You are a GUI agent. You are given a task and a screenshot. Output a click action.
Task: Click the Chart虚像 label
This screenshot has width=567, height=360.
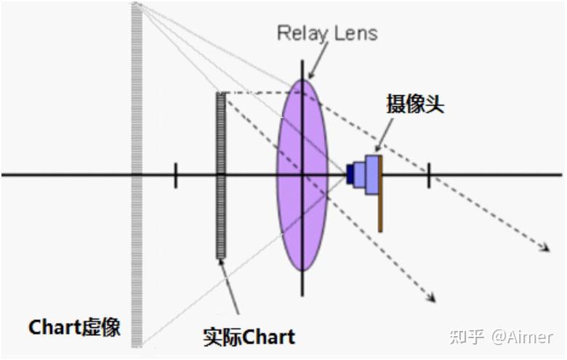point(75,328)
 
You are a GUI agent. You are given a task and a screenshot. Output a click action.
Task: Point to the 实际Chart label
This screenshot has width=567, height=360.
point(249,337)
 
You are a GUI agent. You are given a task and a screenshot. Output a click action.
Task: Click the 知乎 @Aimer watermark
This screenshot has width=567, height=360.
point(501,337)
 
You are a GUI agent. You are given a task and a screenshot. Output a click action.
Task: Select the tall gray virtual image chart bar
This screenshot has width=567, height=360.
point(137,175)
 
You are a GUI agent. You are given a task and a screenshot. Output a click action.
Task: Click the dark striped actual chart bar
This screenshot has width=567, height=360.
point(221,175)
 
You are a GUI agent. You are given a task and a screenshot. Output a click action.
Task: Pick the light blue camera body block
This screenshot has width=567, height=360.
point(371,175)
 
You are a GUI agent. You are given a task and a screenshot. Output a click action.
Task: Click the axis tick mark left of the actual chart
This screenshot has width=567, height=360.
point(175,175)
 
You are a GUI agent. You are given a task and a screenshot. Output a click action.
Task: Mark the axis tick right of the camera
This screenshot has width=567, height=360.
point(428,175)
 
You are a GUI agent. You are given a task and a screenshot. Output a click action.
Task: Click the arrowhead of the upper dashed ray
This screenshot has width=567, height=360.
point(544,249)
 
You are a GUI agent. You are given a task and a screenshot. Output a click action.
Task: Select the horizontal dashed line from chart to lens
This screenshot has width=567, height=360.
point(258,92)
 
